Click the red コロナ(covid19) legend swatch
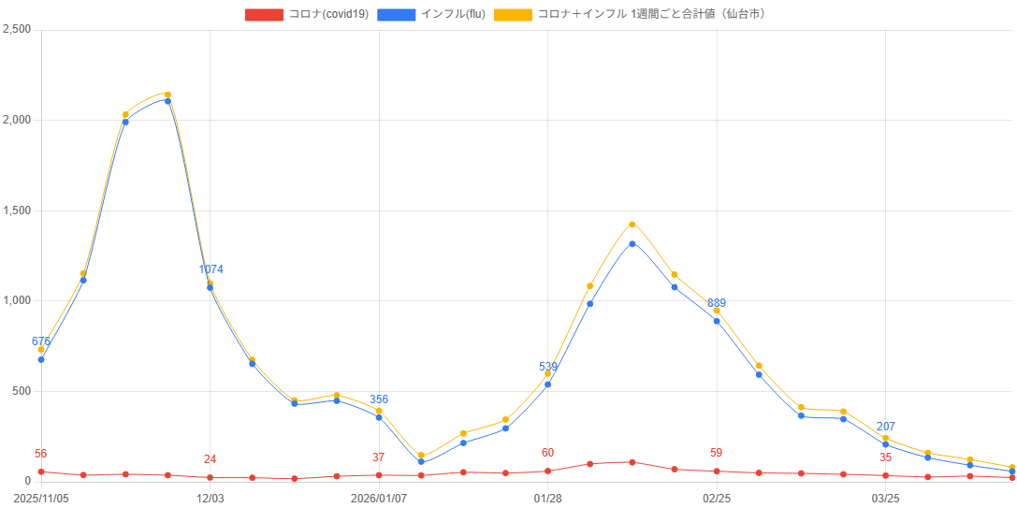coord(263,14)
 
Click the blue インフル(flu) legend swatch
coord(397,14)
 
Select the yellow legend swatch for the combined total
coord(514,14)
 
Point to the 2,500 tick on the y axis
coord(17,29)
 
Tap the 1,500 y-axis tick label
coord(17,210)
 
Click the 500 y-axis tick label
coord(22,391)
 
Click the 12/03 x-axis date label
coord(211,499)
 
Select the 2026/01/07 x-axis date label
coord(379,499)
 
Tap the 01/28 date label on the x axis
coord(547,499)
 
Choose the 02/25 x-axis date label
coord(717,499)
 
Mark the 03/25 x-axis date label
coord(885,499)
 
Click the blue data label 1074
coord(211,269)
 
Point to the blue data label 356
coord(379,399)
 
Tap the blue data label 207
coord(885,427)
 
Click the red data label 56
coord(40,454)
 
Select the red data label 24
coord(210,459)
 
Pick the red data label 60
coord(547,453)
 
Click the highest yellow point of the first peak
coord(167,94)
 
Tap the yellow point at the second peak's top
coord(632,225)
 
